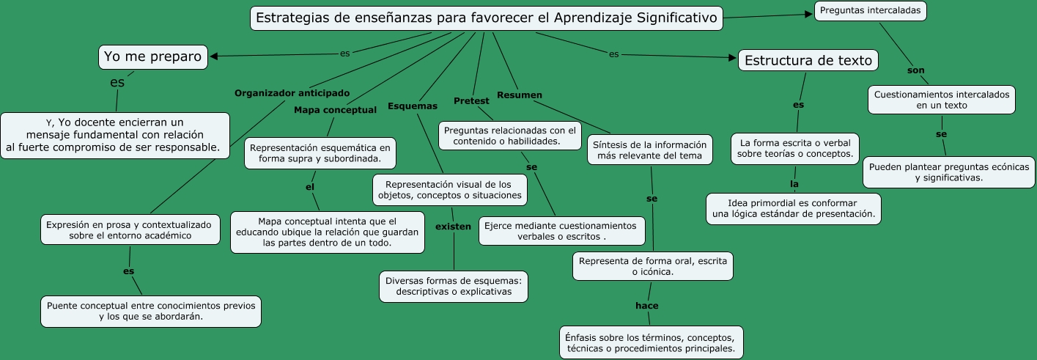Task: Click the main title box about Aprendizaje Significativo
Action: point(487,18)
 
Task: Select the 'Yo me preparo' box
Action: point(152,56)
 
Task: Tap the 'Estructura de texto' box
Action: point(808,61)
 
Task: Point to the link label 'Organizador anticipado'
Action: point(292,93)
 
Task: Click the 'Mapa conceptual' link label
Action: point(335,110)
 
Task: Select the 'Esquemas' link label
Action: point(412,106)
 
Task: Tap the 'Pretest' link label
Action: point(471,100)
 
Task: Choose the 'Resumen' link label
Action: point(520,95)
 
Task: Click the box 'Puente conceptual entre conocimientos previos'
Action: point(151,311)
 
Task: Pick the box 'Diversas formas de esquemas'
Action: point(454,286)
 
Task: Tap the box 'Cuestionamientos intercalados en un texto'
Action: point(942,100)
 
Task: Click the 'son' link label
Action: point(916,70)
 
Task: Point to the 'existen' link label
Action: point(453,227)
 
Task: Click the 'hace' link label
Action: point(647,306)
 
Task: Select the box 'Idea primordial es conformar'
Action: point(793,208)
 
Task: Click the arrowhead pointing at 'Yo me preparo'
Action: point(214,56)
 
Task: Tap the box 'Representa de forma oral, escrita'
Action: point(653,266)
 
